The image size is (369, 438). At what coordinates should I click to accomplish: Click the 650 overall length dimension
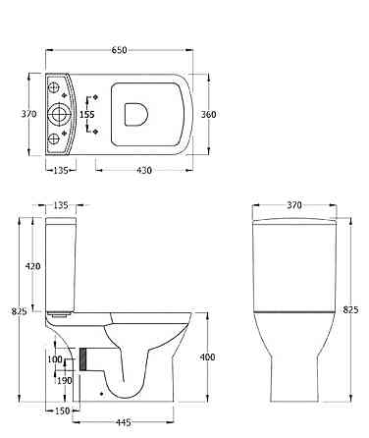click(x=119, y=50)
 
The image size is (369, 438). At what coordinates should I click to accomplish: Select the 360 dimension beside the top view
click(x=208, y=114)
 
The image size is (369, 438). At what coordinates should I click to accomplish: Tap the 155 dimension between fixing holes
click(x=87, y=114)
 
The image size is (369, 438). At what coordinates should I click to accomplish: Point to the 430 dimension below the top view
click(x=144, y=170)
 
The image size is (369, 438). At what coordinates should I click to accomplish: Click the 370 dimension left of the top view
click(x=29, y=114)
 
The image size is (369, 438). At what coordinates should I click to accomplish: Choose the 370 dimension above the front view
click(x=294, y=205)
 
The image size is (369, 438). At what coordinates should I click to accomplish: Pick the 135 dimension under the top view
click(x=61, y=170)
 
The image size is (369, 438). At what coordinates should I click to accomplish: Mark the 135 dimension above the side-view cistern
click(x=61, y=205)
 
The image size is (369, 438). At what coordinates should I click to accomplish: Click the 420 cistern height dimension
click(x=33, y=266)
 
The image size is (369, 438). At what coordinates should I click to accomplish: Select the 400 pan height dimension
click(x=208, y=356)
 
